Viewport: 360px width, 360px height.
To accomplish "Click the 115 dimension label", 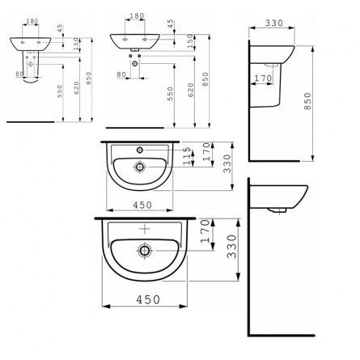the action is [x=188, y=156].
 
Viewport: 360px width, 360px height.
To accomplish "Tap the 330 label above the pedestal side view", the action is [x=273, y=23].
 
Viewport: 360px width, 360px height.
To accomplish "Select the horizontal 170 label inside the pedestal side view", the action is [x=263, y=78].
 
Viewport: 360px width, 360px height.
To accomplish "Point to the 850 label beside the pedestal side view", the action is [x=307, y=101].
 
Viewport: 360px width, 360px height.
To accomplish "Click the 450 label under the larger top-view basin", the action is [x=148, y=299].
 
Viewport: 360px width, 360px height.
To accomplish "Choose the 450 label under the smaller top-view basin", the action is [x=142, y=205].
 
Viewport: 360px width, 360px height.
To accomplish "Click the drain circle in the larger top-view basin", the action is [x=145, y=251].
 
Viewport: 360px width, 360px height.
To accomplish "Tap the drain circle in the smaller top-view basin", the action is [x=140, y=167].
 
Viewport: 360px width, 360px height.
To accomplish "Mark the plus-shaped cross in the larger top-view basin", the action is [x=145, y=229].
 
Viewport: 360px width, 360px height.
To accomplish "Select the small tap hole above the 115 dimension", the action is [x=140, y=150].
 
